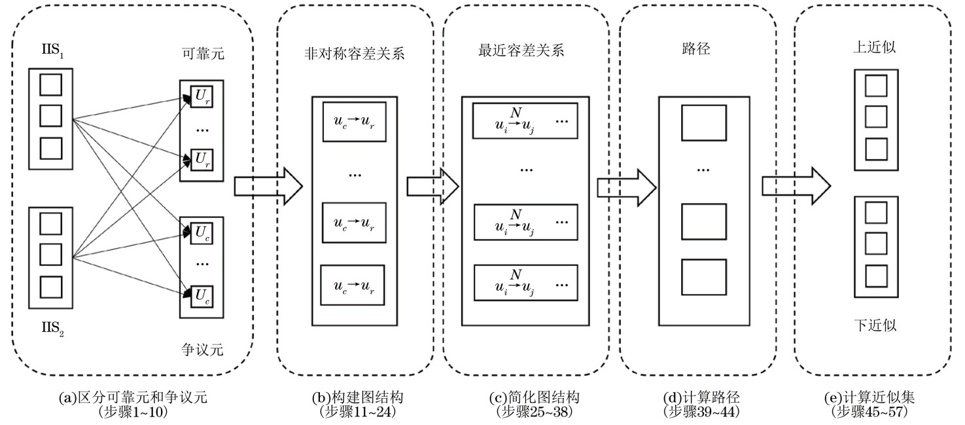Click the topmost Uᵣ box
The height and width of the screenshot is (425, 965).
tap(202, 96)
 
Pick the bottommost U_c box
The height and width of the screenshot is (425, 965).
tap(202, 296)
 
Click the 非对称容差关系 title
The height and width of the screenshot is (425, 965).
tap(355, 54)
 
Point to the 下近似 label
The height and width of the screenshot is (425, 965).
tap(872, 325)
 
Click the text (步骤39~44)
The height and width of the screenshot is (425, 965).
tap(702, 412)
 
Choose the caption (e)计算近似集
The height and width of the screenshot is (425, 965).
tap(873, 397)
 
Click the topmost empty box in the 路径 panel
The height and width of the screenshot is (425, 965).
tap(703, 120)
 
